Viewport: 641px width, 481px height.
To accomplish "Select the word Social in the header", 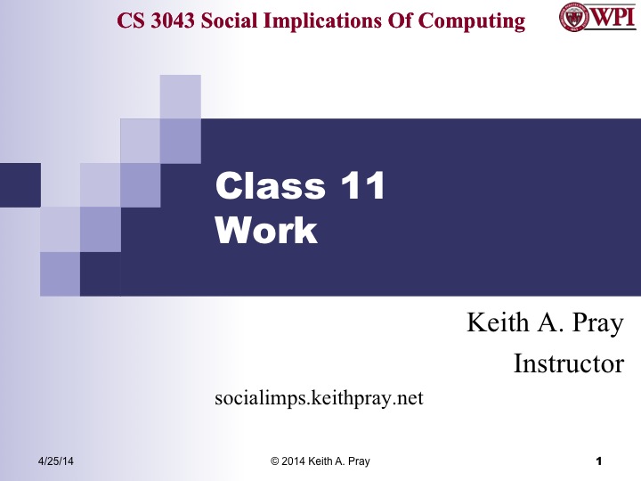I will coord(238,20).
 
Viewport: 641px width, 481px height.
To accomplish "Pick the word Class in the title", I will coord(271,186).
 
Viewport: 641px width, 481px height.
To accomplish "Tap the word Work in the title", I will coord(266,230).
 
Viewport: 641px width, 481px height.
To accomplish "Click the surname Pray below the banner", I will coord(594,323).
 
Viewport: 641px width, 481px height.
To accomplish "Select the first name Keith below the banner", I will coord(495,323).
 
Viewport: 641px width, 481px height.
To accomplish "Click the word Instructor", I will coord(569,363).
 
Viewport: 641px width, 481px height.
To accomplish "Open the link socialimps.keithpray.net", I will coord(319,398).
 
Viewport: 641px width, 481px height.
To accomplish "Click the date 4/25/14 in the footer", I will coord(55,461).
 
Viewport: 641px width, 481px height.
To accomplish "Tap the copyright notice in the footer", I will coord(320,461).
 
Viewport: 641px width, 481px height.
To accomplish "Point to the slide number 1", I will coord(599,461).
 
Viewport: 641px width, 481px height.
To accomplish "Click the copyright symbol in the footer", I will coord(274,461).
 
